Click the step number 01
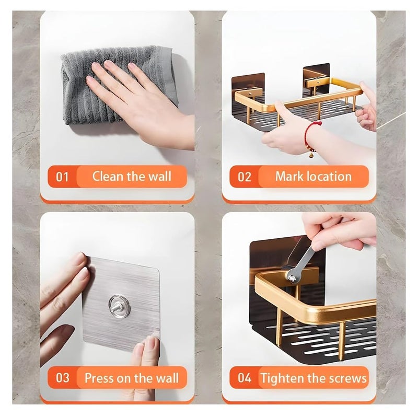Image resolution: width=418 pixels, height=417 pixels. tap(62, 177)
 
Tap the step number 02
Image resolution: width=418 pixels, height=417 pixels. tap(245, 177)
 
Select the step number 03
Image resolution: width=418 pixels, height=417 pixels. tap(62, 377)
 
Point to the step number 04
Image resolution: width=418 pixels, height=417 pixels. tap(245, 377)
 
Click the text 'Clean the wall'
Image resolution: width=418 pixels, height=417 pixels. tap(131, 176)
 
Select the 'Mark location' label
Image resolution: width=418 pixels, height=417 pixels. tap(313, 176)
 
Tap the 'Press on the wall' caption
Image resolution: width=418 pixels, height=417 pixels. tap(131, 377)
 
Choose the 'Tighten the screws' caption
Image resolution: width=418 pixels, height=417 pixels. tap(313, 377)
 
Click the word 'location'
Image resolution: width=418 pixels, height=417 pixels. tap(329, 176)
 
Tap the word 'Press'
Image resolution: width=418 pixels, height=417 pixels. tap(99, 377)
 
